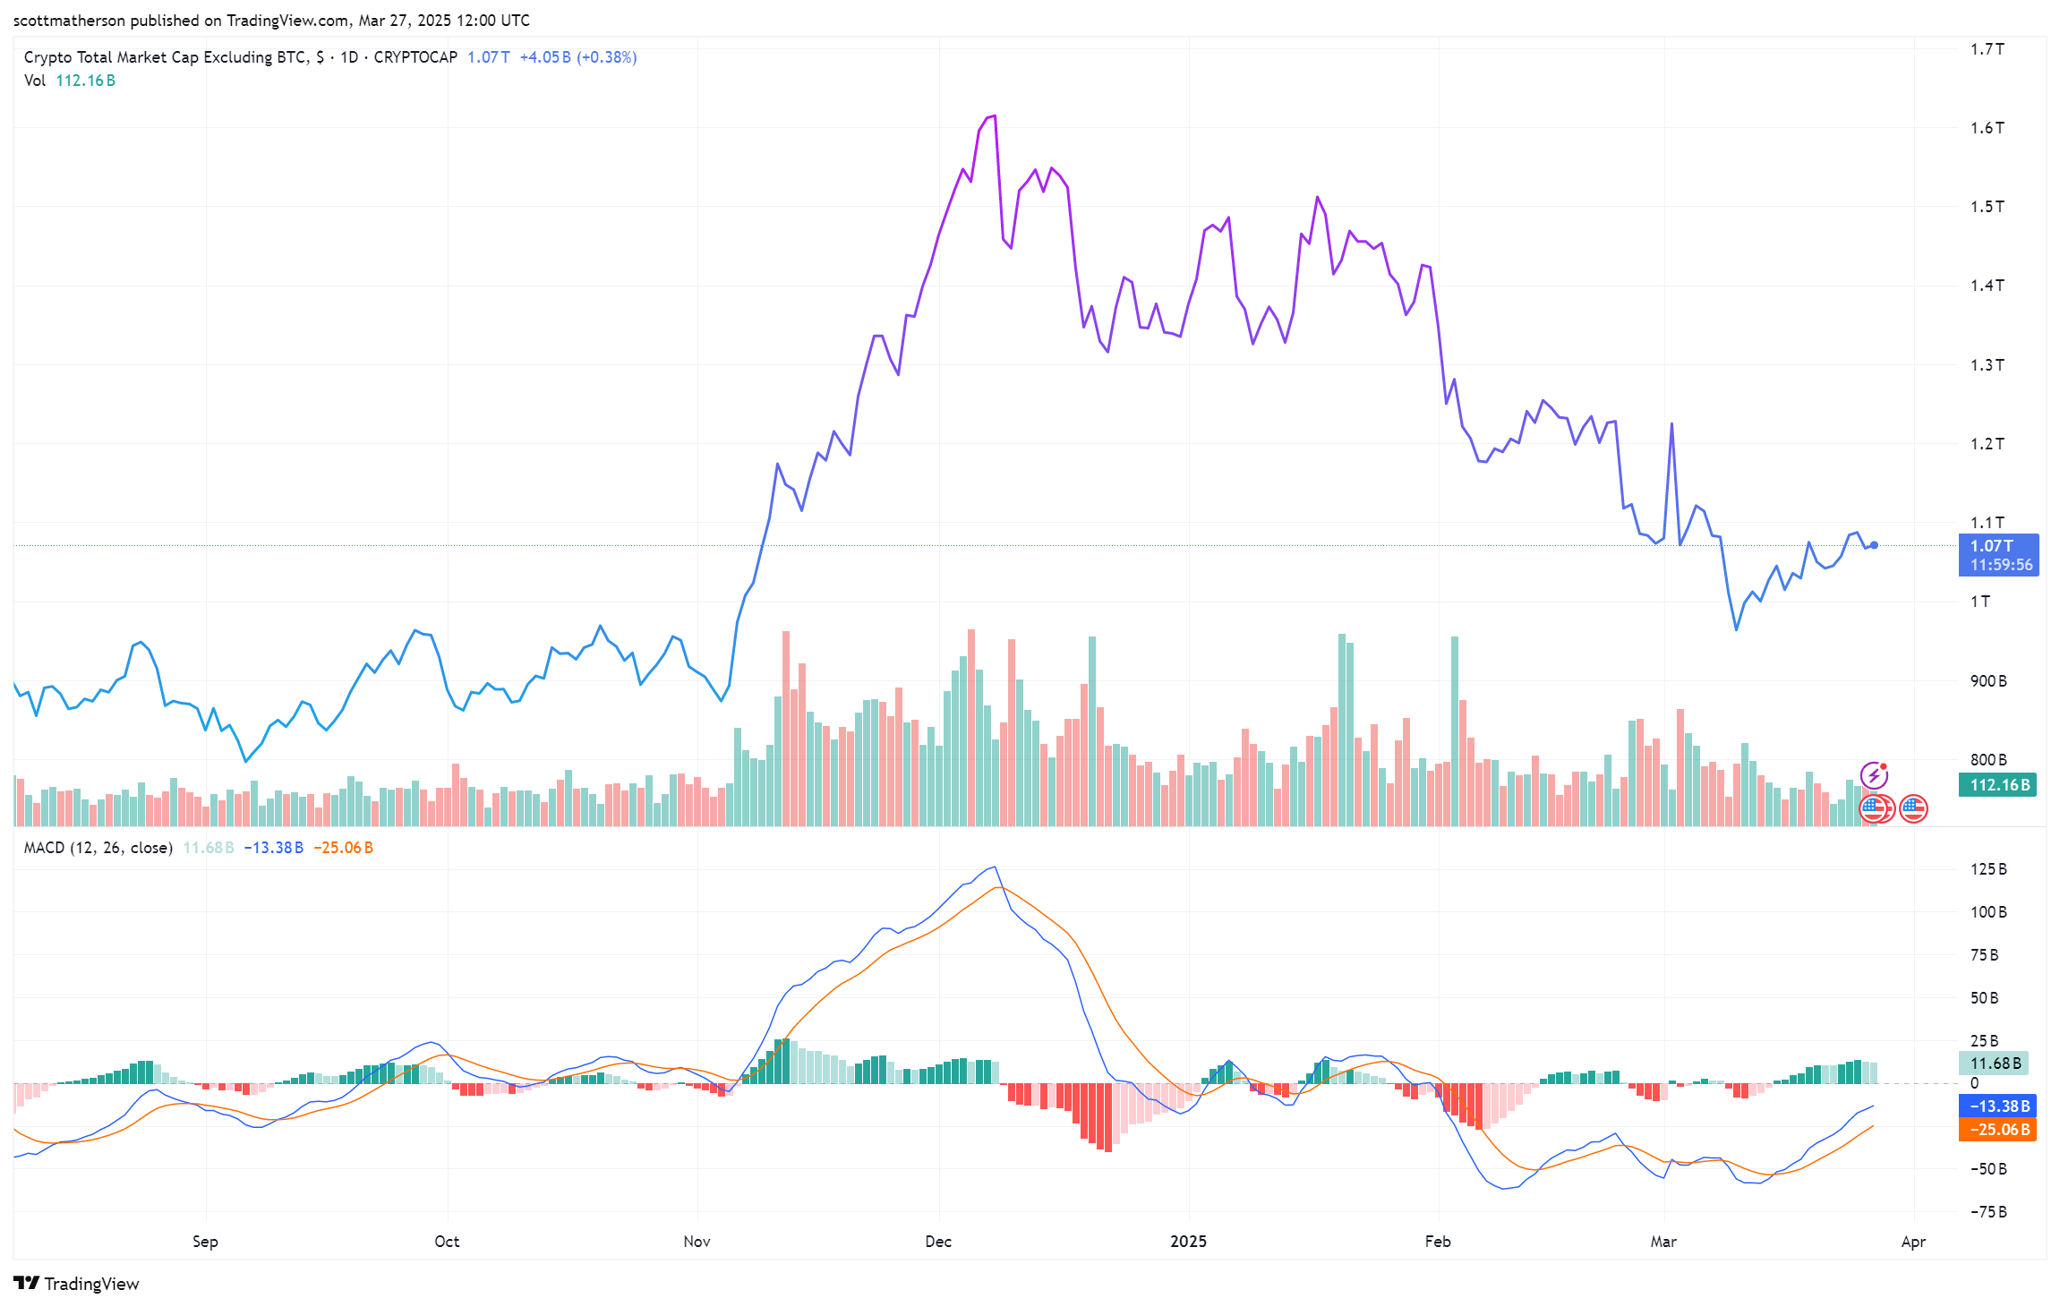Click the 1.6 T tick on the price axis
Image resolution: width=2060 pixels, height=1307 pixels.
(1987, 128)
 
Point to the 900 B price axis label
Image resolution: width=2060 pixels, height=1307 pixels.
(1987, 681)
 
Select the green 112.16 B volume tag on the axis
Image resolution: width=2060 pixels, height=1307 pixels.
(1997, 785)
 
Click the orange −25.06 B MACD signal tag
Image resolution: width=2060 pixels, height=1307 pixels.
(1997, 1130)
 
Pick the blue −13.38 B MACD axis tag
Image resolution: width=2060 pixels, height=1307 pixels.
(1997, 1106)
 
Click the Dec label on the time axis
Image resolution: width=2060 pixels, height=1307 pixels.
(938, 1242)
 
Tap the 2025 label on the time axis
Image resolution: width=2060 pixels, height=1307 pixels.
(1188, 1242)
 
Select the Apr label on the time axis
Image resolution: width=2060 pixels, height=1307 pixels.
(1913, 1242)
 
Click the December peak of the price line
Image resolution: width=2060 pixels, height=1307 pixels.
(994, 116)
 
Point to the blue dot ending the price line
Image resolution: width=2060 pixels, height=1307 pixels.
(1874, 545)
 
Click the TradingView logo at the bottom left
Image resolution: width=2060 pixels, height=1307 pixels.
(76, 1284)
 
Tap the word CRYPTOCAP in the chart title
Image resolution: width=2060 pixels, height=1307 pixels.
(415, 57)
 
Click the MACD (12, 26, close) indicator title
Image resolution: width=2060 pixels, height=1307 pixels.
(98, 848)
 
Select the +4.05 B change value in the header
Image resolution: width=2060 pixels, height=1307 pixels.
(544, 57)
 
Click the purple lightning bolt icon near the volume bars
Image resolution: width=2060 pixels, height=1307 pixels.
(1874, 774)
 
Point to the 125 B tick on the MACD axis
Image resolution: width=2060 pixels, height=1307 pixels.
(1987, 869)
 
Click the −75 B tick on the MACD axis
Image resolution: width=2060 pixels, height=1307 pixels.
(1987, 1212)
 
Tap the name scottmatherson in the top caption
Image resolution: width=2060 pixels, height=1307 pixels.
(69, 21)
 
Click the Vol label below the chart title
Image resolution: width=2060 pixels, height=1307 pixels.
(35, 81)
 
